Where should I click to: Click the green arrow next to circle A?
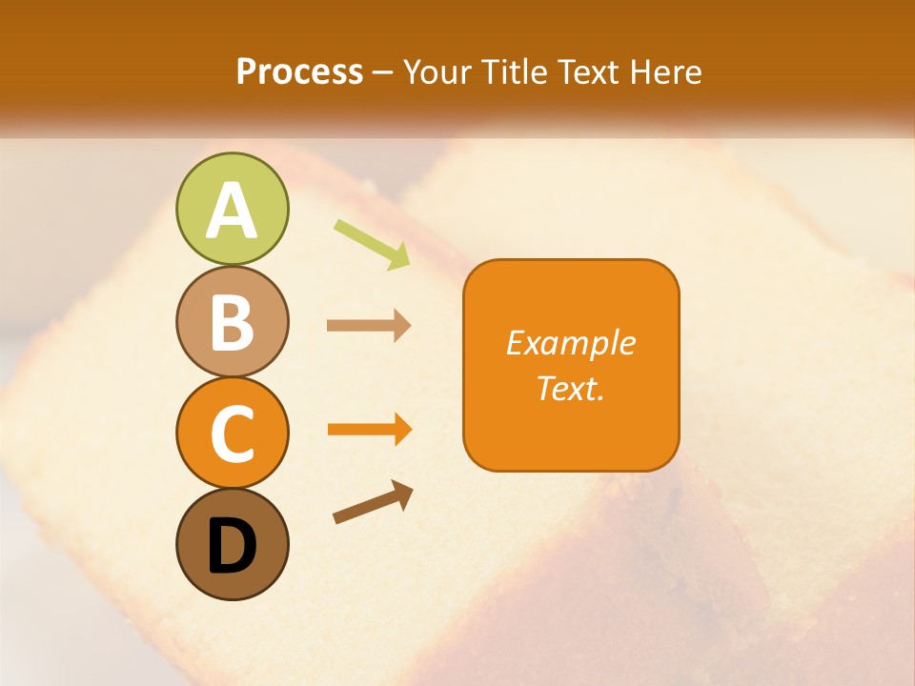coord(372,243)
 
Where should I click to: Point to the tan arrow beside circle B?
coord(369,326)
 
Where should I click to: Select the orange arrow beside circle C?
coord(370,430)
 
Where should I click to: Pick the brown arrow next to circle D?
coord(373,503)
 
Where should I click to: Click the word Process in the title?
coord(299,72)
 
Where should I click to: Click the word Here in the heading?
coord(666,72)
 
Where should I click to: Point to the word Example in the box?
coord(571,344)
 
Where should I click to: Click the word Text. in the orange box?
coord(571,389)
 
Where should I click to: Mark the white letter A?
coord(232,212)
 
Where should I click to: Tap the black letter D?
coord(232,546)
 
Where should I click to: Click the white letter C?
coord(232,434)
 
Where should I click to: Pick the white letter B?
coord(232,323)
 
